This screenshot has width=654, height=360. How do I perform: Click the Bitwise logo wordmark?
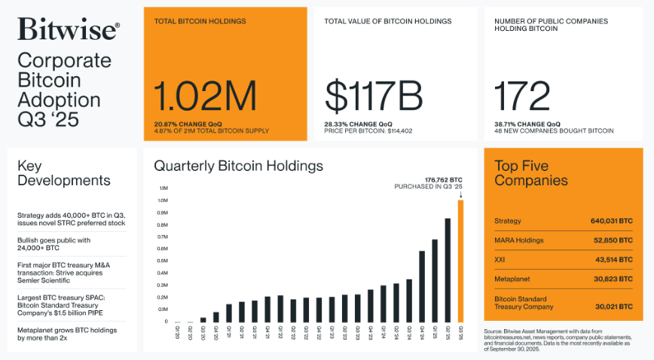point(68,29)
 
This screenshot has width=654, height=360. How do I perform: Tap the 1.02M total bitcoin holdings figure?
point(206,96)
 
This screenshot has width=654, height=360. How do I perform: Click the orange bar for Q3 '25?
point(461,261)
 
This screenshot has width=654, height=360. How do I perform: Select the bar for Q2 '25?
point(448,270)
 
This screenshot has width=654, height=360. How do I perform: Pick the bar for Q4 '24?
point(422,286)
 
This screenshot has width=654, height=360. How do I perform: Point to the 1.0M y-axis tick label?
point(163,200)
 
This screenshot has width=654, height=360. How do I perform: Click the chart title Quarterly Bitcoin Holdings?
point(238,165)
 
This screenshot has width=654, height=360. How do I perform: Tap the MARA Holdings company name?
point(518,240)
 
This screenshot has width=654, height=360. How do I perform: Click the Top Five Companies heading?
point(530,173)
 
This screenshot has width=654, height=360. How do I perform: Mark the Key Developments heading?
point(63,173)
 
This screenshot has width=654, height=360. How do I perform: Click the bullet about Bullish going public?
point(53,244)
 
